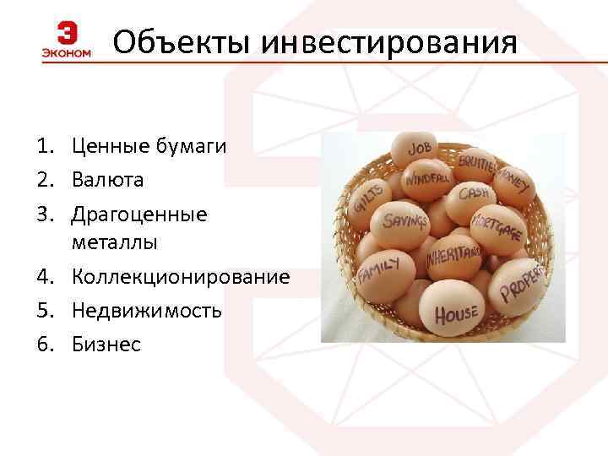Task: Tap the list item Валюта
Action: (x=107, y=180)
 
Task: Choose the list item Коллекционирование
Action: (x=180, y=277)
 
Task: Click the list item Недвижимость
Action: (x=147, y=310)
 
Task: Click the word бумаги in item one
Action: (x=190, y=146)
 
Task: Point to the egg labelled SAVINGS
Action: (x=404, y=222)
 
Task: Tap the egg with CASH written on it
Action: (x=475, y=195)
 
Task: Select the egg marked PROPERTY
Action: (x=520, y=283)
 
